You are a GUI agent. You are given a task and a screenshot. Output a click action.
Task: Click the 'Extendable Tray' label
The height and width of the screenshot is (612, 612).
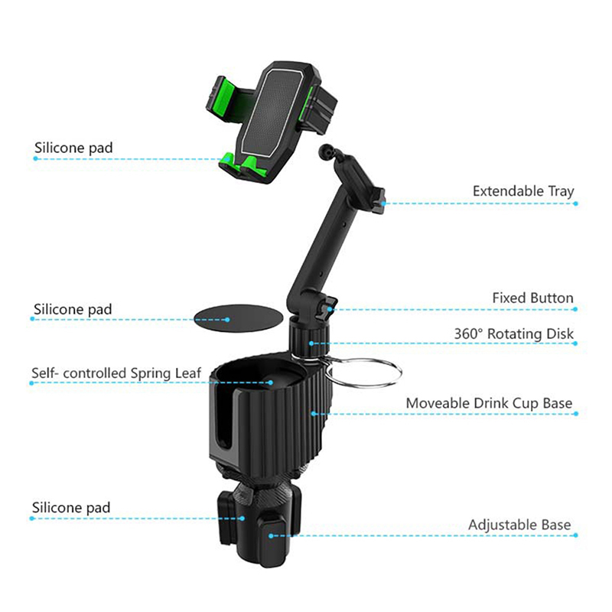click(523, 191)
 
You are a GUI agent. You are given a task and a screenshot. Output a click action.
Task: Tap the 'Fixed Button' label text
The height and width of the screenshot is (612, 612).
click(532, 298)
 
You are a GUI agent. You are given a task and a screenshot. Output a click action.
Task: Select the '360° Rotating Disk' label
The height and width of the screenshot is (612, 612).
click(513, 334)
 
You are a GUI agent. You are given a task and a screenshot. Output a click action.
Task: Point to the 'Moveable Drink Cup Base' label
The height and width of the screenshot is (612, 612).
click(489, 403)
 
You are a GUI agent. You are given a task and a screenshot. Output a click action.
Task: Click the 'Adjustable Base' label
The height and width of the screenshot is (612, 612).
click(519, 525)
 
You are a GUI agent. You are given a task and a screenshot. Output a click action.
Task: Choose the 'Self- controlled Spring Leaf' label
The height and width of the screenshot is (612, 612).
click(116, 373)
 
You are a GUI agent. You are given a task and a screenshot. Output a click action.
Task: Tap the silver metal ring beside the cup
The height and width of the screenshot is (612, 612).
click(363, 372)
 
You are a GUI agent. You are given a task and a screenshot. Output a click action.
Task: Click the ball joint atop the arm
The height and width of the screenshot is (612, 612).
click(325, 150)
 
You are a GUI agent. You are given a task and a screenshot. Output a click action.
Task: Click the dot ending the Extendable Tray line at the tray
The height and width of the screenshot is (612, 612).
click(384, 203)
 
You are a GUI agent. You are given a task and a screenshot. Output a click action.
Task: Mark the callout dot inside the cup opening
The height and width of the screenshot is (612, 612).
click(271, 382)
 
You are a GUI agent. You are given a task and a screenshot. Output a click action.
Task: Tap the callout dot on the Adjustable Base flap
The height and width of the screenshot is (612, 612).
click(271, 536)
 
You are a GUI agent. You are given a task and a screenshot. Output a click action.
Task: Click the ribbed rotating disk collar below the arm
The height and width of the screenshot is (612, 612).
click(308, 337)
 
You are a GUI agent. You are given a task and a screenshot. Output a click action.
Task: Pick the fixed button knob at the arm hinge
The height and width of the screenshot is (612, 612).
click(327, 308)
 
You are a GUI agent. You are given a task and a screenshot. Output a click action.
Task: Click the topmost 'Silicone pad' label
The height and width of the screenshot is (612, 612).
click(73, 148)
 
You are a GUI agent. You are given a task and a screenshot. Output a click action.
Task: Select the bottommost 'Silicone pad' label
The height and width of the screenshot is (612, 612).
click(71, 508)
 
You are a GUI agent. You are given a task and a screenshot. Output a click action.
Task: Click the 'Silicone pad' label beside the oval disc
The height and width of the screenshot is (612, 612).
click(73, 310)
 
